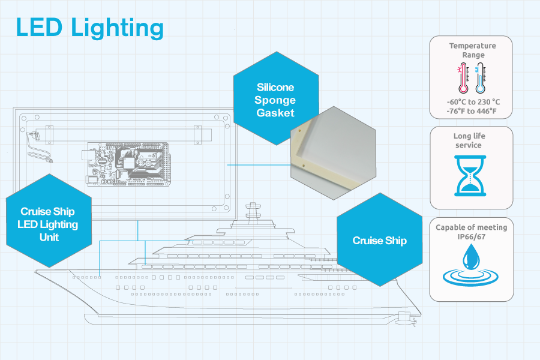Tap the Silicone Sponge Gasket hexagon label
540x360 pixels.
pyautogui.click(x=276, y=99)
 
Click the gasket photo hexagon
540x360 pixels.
pyautogui.click(x=333, y=153)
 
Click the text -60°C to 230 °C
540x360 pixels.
pyautogui.click(x=471, y=102)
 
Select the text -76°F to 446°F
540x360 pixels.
pyautogui.click(x=471, y=111)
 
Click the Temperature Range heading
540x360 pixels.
pyautogui.click(x=472, y=50)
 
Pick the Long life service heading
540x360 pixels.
pyautogui.click(x=471, y=140)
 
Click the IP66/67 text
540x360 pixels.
pyautogui.click(x=471, y=236)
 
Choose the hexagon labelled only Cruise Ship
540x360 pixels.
pyautogui.click(x=379, y=241)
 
